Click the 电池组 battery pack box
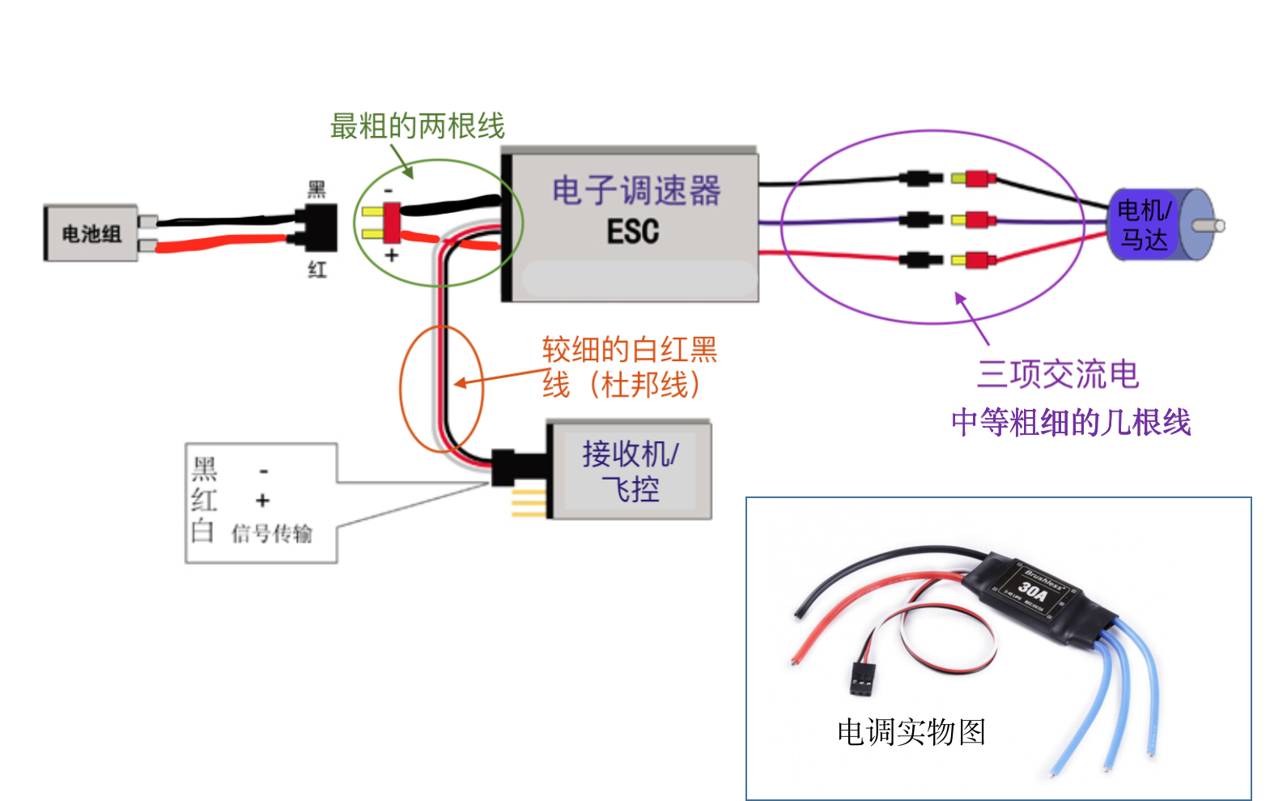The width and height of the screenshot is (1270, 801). (x=91, y=233)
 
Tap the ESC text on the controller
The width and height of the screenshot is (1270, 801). (x=633, y=232)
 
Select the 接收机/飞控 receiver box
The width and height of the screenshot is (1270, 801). (x=630, y=471)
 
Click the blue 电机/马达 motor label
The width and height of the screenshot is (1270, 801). (x=1143, y=225)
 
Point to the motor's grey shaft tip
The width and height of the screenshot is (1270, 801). (x=1219, y=226)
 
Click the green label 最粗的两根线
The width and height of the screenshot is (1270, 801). (x=417, y=126)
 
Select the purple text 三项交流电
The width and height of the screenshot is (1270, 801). (x=1057, y=374)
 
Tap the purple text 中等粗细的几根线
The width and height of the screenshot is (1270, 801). (x=1070, y=423)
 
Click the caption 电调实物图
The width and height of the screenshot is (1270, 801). (x=911, y=732)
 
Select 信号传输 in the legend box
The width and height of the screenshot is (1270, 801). (x=271, y=534)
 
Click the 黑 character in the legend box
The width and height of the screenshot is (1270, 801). (x=205, y=469)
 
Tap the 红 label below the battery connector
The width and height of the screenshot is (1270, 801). (x=316, y=270)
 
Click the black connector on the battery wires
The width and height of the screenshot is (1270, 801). (x=316, y=228)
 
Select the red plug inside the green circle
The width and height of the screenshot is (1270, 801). (x=392, y=223)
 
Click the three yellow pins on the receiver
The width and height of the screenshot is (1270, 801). (x=529, y=502)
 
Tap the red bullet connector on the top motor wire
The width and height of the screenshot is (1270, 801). (x=979, y=178)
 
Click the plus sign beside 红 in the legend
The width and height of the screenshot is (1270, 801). (x=262, y=501)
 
